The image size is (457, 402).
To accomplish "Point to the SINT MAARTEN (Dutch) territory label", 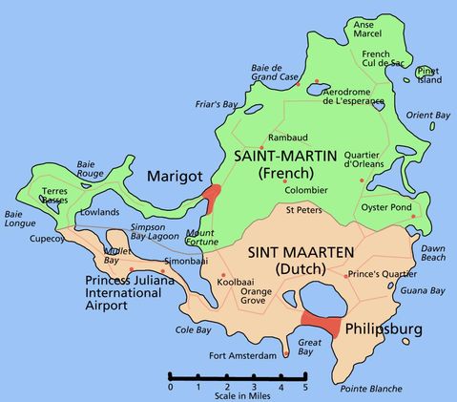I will tap(301, 260).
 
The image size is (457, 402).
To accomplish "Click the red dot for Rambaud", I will tap(261, 148).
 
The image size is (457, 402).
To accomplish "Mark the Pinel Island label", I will tap(430, 75).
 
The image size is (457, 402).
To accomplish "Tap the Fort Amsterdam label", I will tap(243, 356).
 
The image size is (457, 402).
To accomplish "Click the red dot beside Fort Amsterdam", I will tap(284, 355).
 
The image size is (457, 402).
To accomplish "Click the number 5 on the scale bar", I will tap(305, 387).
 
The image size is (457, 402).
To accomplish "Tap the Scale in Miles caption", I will tap(238, 395).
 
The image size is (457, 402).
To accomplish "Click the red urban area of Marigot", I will tap(212, 198).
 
